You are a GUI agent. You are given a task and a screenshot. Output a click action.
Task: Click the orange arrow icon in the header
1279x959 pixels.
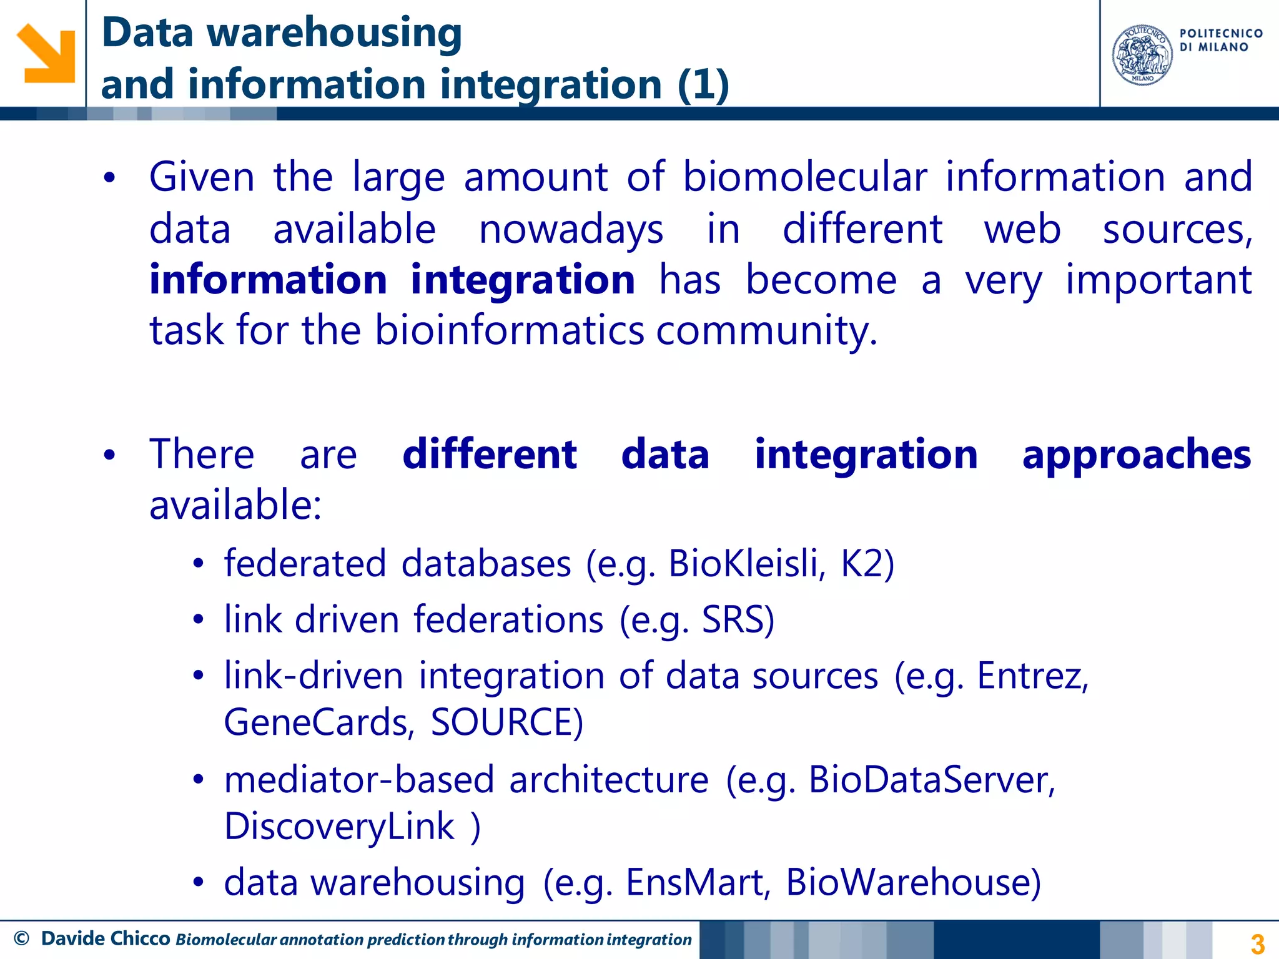pyautogui.click(x=46, y=54)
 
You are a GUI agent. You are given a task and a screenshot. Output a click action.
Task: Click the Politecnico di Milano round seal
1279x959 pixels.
pyautogui.click(x=1142, y=55)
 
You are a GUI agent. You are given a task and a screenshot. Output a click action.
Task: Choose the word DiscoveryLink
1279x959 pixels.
pyautogui.click(x=339, y=827)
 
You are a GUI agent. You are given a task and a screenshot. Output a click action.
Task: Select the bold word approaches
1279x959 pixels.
pyautogui.click(x=1137, y=455)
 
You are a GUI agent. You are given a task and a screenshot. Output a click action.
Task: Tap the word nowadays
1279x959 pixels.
pyautogui.click(x=571, y=230)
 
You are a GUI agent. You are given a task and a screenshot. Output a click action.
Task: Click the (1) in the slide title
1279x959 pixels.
pyautogui.click(x=703, y=85)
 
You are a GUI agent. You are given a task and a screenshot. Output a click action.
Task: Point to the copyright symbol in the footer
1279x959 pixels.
pyautogui.click(x=21, y=938)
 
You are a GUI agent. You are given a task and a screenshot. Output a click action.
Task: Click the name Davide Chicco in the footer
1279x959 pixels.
pyautogui.click(x=106, y=938)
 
